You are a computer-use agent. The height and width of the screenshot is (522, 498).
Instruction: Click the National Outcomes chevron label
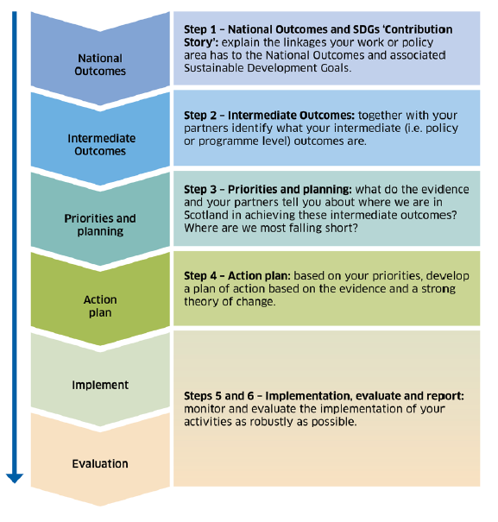[100, 65]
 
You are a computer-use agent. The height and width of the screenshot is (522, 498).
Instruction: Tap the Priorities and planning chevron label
[100, 224]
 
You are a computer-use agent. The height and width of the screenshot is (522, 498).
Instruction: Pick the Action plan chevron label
[100, 305]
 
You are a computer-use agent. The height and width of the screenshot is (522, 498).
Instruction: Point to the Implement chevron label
[100, 385]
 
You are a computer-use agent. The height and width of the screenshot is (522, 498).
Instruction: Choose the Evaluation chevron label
[100, 463]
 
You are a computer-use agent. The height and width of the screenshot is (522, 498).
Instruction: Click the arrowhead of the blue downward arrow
[14, 475]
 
